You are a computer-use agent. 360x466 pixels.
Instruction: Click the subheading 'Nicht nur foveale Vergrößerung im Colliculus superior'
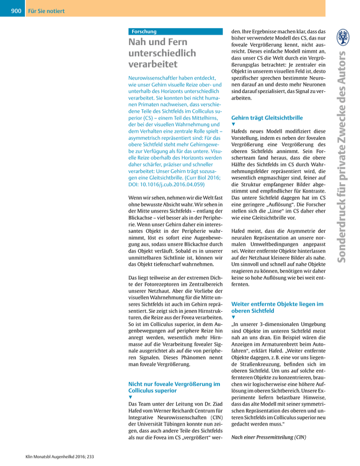(x=174, y=388)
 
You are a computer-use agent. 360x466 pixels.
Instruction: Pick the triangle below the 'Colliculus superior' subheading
(x=130, y=399)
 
